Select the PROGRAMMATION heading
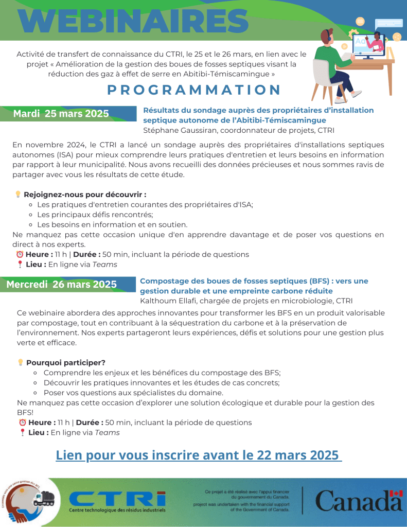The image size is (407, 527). pos(194,90)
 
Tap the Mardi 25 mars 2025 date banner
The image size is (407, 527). pos(61,114)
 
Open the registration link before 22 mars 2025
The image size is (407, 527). pos(199,455)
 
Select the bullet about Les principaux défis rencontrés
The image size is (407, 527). pos(95,215)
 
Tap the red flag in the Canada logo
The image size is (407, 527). pos(396,494)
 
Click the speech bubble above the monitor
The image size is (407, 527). pos(388,23)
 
